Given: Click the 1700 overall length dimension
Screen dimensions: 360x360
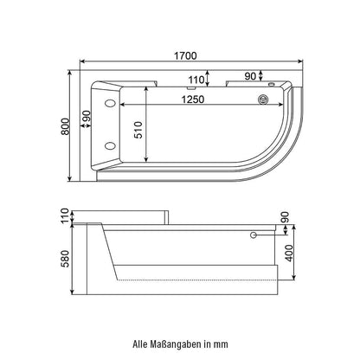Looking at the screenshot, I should (184, 55).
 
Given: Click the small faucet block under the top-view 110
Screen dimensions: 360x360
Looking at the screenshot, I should (190, 87).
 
